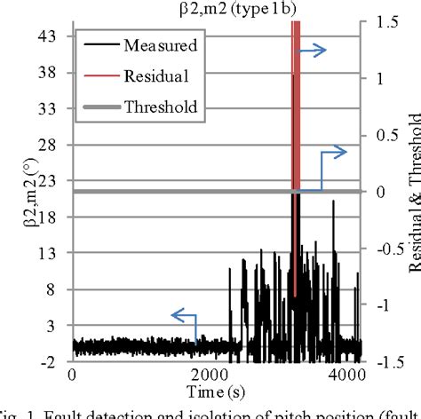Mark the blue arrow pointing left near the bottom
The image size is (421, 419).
pyautogui.click(x=185, y=316)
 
